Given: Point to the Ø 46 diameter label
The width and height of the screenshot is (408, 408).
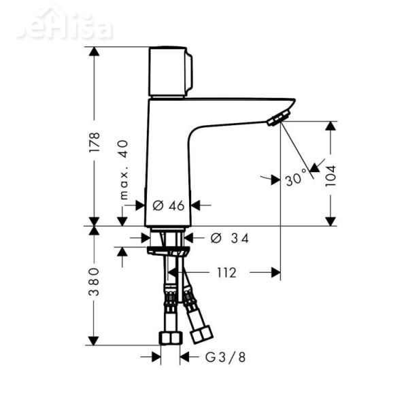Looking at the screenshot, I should click(169, 205).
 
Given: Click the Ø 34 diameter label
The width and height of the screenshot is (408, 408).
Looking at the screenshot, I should click(230, 238).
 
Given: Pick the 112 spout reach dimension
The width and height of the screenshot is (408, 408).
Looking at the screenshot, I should click(226, 273).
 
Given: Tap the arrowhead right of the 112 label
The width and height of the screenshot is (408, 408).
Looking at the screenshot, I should click(275, 273).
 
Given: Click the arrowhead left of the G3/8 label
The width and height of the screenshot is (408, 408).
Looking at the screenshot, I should click(156, 356).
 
